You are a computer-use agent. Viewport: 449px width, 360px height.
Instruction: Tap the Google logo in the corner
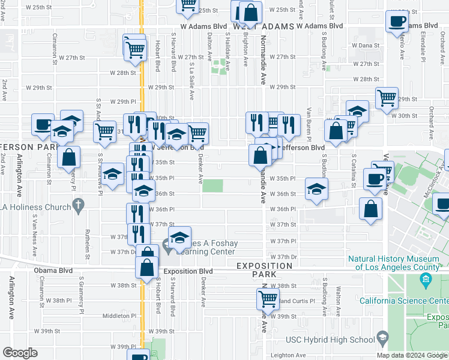pyautogui.click(x=20, y=353)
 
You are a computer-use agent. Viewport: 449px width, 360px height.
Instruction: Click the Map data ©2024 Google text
pyautogui.click(x=412, y=355)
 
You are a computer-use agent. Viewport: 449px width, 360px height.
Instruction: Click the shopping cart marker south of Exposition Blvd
pyautogui.click(x=268, y=298)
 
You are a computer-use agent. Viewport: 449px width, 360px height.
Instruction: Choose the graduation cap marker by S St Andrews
pyautogui.click(x=112, y=175)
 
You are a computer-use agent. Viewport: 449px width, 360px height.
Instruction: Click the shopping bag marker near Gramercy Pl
pyautogui.click(x=70, y=157)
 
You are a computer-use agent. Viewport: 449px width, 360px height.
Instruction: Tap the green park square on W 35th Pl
pyautogui.click(x=212, y=186)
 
